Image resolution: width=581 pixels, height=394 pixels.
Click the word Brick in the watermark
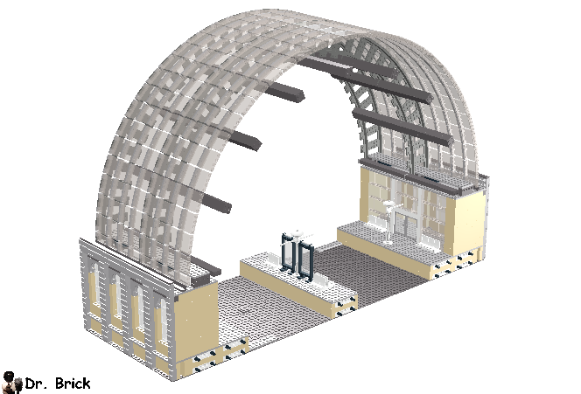73,384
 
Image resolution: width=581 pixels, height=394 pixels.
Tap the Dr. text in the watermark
35,384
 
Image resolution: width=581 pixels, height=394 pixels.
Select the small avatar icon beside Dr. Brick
12,383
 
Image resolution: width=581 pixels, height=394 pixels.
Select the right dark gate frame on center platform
306,261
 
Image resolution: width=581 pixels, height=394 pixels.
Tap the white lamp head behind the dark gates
297,234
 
